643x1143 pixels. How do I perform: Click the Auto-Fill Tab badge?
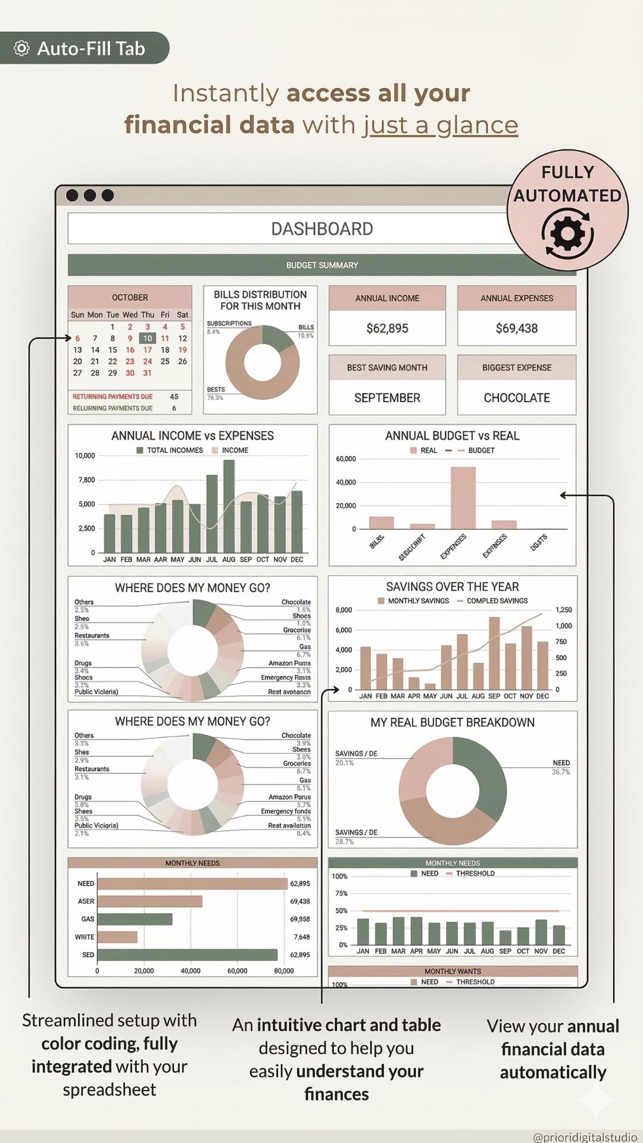[83, 48]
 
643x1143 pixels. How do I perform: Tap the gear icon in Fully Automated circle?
[567, 234]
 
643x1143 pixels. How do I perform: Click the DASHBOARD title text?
[321, 229]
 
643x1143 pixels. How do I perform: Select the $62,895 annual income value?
[387, 328]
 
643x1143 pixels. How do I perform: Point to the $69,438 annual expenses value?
[516, 328]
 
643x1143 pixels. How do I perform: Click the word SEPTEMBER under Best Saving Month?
[387, 398]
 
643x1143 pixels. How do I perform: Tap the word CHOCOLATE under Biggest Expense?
[516, 398]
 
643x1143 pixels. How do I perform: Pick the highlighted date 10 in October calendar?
[147, 338]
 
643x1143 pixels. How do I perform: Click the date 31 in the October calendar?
[147, 373]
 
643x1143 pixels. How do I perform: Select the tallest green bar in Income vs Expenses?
[229, 506]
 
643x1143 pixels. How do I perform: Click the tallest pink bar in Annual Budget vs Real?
[463, 498]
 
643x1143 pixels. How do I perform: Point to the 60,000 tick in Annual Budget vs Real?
[346, 459]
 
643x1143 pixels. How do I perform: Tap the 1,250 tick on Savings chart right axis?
[563, 610]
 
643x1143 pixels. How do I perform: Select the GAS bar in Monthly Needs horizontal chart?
[135, 919]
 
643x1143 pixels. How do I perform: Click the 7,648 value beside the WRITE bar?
[302, 937]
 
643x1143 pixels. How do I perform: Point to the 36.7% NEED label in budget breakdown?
[561, 772]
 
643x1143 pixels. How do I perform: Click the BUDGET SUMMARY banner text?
[322, 266]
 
